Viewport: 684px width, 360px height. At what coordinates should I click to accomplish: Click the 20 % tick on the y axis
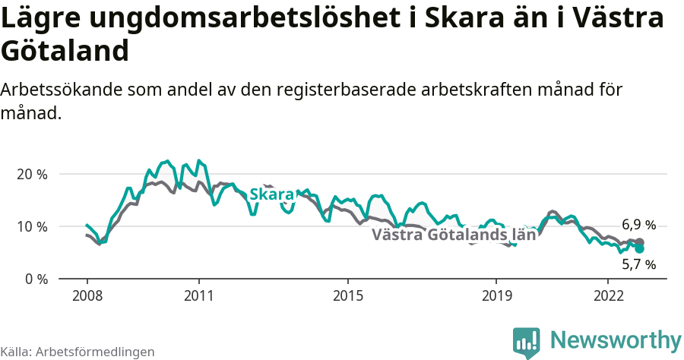tap(31, 174)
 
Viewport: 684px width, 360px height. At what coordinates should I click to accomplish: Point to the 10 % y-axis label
tap(31, 226)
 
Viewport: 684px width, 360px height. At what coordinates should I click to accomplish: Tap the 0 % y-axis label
tap(35, 279)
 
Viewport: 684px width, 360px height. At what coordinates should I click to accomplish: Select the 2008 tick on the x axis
tap(87, 295)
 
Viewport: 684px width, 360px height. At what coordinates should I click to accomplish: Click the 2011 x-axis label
tap(198, 295)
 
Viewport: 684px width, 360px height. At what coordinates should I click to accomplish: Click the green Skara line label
tap(271, 195)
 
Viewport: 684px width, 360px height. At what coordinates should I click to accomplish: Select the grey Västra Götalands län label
tap(454, 235)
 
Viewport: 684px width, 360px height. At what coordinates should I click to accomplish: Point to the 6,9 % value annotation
tap(638, 225)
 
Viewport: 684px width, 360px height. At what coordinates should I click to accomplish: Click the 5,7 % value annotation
tap(638, 265)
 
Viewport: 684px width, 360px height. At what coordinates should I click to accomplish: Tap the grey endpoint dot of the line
tap(639, 242)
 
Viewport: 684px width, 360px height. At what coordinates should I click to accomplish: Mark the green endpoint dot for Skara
tap(639, 248)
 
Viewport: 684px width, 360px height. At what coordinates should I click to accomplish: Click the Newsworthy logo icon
tap(527, 343)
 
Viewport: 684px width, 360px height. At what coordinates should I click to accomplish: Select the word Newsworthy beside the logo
tap(616, 339)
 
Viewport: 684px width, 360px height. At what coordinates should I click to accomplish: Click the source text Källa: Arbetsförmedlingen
tap(78, 352)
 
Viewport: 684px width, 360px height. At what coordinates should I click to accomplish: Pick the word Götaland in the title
tap(64, 51)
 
